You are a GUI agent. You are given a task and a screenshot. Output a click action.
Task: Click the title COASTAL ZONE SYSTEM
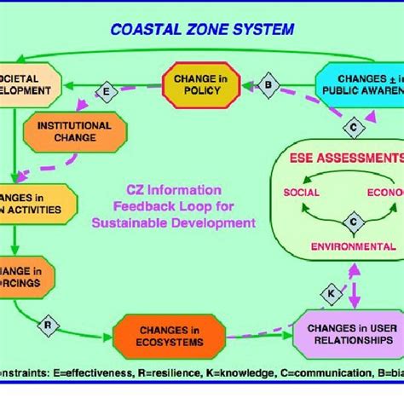[x=202, y=29]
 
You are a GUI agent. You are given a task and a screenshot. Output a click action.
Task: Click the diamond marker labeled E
[x=107, y=90]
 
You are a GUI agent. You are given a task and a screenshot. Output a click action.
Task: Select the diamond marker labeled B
[x=268, y=84]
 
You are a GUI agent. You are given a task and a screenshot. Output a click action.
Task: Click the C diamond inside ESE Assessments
[x=352, y=222]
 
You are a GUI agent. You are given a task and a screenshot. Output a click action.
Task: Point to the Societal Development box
[x=30, y=83]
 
